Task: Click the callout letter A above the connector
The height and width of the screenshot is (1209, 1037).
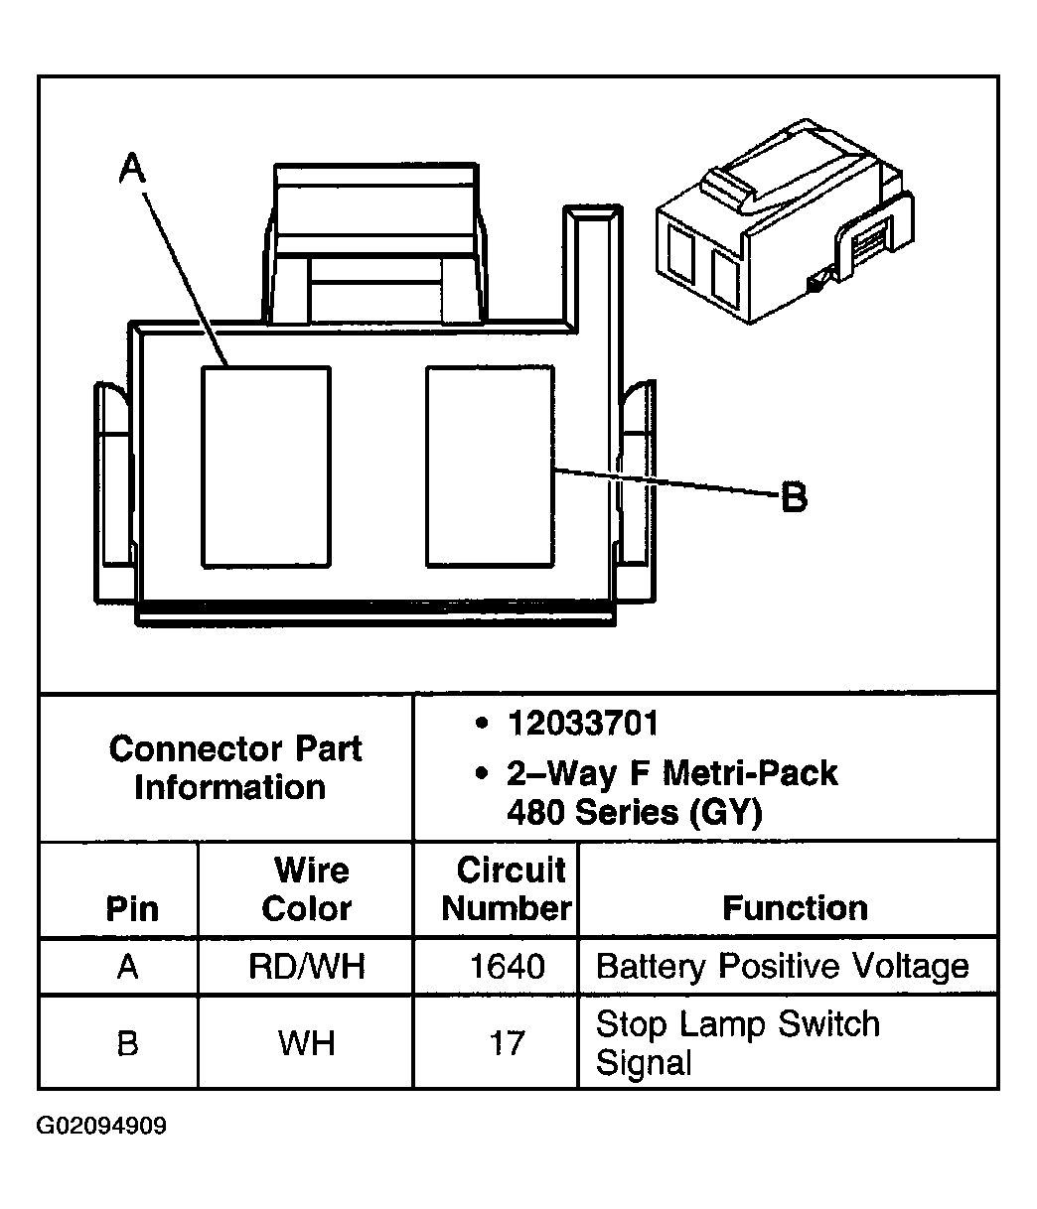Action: click(x=132, y=168)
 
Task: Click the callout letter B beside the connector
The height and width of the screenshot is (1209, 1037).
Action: click(x=794, y=496)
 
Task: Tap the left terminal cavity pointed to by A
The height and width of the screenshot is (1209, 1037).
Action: click(x=266, y=467)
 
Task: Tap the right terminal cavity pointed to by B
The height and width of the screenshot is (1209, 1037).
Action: click(x=490, y=467)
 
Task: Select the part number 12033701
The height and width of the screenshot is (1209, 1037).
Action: click(x=583, y=724)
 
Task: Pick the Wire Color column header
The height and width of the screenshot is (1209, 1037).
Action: click(x=307, y=889)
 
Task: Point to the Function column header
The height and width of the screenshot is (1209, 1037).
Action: click(x=795, y=908)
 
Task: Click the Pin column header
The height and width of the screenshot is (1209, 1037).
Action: click(x=132, y=908)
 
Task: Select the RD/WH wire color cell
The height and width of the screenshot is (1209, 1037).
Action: click(x=307, y=966)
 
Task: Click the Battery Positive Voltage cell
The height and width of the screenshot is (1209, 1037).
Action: click(x=783, y=966)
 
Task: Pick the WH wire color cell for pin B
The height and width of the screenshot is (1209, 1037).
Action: click(x=307, y=1043)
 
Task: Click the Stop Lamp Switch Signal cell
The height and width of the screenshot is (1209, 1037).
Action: click(x=737, y=1043)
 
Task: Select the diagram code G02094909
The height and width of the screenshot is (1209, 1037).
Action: click(x=102, y=1127)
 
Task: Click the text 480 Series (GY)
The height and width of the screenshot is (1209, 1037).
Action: click(x=634, y=813)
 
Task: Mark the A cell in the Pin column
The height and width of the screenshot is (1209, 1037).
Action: click(x=127, y=966)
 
